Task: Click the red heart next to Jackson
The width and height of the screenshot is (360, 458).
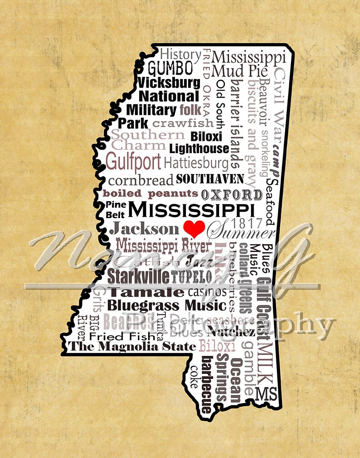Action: pyautogui.click(x=194, y=228)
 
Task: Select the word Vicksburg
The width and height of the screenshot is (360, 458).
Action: pyautogui.click(x=169, y=83)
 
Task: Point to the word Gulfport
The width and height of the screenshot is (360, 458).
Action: pyautogui.click(x=133, y=161)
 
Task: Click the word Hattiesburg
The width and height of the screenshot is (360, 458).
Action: pyautogui.click(x=196, y=162)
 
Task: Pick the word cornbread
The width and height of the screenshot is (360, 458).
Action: pyautogui.click(x=141, y=179)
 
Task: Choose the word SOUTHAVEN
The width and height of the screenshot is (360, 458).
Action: pyautogui.click(x=210, y=178)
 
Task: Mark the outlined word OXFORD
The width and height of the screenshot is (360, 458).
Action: pyautogui.click(x=232, y=195)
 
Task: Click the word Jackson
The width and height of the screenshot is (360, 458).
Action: pyautogui.click(x=144, y=229)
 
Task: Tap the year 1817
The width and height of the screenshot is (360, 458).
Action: pyautogui.click(x=247, y=223)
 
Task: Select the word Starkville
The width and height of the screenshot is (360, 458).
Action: pyautogui.click(x=138, y=276)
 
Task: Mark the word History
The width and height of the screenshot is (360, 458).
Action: pyautogui.click(x=180, y=54)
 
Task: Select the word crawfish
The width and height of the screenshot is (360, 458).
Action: pyautogui.click(x=183, y=123)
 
